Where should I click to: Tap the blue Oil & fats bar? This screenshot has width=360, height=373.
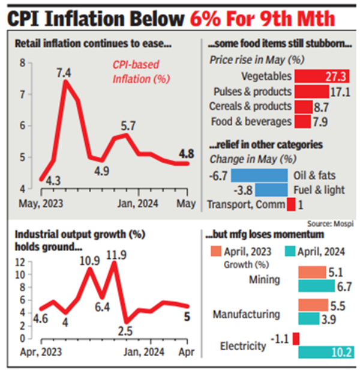(x=259, y=175)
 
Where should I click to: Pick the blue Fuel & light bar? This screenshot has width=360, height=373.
(x=271, y=190)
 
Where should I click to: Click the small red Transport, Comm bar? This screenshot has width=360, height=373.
(x=291, y=205)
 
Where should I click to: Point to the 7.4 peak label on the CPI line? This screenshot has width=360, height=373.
(x=64, y=73)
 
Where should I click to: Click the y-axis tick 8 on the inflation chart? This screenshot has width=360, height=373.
(x=22, y=63)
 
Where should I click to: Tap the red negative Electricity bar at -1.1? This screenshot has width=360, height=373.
(x=296, y=339)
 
